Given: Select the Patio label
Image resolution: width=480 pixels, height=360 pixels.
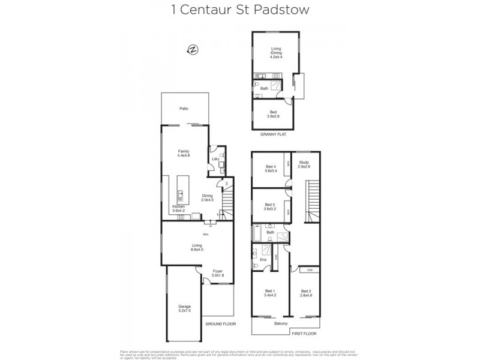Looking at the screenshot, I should (185, 109).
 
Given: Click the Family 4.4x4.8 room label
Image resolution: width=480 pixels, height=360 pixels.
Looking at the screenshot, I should (184, 153).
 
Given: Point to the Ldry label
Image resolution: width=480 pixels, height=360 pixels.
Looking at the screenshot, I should (214, 159).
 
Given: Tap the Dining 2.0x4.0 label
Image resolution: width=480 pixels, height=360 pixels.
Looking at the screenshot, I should (208, 197).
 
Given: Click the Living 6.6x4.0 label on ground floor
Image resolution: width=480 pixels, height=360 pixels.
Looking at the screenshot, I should (197, 247).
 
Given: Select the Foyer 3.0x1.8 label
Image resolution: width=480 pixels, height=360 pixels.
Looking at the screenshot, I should (218, 273).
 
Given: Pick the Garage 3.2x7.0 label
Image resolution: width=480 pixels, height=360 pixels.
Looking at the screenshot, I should (184, 309).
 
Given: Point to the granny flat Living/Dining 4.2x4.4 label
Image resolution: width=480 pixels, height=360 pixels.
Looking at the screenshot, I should (277, 53).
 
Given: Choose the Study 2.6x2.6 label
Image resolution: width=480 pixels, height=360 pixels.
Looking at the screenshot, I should (304, 164).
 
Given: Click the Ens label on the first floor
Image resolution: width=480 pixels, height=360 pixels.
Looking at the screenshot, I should (263, 260).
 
